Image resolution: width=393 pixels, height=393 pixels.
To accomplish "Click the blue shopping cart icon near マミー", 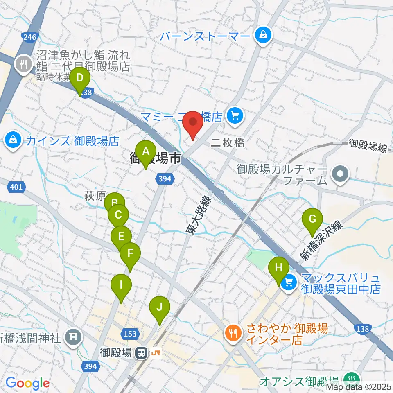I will click(235, 117).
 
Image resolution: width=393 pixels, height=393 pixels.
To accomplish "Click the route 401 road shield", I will click(15, 187).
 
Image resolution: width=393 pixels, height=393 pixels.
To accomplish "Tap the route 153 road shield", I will click(130, 334).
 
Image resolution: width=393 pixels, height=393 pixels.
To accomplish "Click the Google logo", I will click(27, 383).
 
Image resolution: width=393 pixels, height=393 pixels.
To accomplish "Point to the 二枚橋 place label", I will click(228, 142).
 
